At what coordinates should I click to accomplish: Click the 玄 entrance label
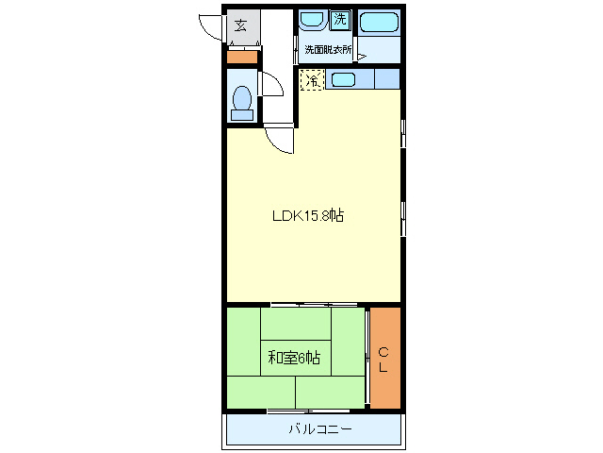click(x=241, y=25)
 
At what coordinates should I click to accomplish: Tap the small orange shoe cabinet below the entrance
click(x=242, y=56)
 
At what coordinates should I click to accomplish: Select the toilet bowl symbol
click(x=242, y=97)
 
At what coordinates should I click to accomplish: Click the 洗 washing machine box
click(x=339, y=19)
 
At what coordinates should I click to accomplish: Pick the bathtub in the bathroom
click(x=380, y=22)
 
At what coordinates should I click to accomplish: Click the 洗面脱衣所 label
click(x=327, y=50)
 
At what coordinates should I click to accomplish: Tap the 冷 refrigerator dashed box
click(x=311, y=80)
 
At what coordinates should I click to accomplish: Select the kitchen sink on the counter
click(x=342, y=80)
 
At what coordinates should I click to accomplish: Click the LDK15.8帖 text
click(x=307, y=216)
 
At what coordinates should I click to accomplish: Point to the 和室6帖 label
click(x=293, y=358)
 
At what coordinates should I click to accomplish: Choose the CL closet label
click(x=383, y=359)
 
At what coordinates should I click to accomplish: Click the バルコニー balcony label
click(x=319, y=430)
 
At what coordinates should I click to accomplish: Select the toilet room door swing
click(x=272, y=86)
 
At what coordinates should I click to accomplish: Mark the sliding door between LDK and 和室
click(x=314, y=305)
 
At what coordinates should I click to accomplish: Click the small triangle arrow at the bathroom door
click(x=360, y=56)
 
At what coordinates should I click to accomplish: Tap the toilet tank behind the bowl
click(x=242, y=115)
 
